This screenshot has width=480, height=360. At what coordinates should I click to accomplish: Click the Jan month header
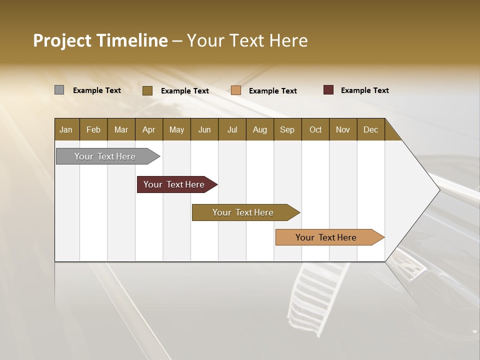point(66,129)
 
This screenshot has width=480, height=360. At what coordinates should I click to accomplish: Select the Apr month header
point(148,129)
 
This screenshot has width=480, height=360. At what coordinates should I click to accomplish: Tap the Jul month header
point(232,129)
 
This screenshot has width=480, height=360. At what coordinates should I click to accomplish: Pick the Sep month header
point(287,129)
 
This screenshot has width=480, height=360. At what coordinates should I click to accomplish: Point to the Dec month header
point(370,129)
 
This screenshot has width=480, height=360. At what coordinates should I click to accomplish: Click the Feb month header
point(93,129)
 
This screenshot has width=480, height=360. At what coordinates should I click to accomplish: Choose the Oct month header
point(315,129)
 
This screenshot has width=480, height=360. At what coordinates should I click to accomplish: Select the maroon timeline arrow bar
point(175,184)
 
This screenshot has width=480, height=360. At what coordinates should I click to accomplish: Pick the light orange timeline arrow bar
point(328,237)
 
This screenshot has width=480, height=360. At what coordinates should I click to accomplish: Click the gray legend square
point(59,90)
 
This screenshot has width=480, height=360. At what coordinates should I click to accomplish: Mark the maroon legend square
point(328,90)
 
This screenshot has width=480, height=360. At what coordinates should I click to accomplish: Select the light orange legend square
point(236,90)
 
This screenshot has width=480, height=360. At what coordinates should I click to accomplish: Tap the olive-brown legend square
point(147,90)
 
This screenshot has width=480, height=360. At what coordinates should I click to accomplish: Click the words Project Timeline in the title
point(100,40)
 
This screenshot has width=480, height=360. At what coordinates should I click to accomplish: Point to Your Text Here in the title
point(247,40)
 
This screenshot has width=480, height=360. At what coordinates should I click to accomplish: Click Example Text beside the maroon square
point(364,90)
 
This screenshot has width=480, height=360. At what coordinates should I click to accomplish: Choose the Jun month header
point(204,129)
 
